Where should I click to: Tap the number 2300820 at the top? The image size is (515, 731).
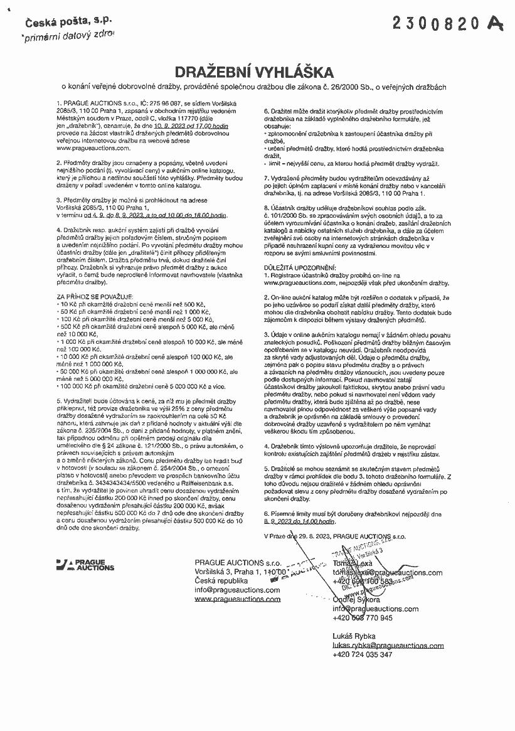point(436,23)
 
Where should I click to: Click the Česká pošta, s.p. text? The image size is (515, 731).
point(68,23)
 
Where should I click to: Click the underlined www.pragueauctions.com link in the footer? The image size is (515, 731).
point(238,599)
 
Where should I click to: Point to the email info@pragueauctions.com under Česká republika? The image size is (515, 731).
point(237,590)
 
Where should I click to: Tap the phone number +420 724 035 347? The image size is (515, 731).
point(363,654)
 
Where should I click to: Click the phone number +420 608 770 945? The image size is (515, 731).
point(363,618)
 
